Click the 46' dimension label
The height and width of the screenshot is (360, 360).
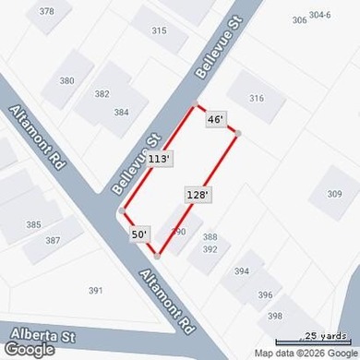[215, 119]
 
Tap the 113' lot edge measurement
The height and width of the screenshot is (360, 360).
[159, 159]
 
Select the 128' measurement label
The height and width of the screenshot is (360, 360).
[198, 195]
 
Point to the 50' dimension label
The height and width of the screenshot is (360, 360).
[139, 234]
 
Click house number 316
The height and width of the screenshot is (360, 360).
[257, 99]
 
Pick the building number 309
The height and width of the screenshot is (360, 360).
[334, 194]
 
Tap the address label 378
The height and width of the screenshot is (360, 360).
[47, 11]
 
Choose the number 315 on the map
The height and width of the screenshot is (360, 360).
[159, 30]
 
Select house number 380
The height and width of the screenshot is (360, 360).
[66, 80]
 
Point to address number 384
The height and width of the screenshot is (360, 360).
[121, 112]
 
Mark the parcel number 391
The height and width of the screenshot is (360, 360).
[95, 290]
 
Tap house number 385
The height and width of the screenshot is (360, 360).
[33, 224]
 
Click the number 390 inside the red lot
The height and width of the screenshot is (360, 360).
[179, 231]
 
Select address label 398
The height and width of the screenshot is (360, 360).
[275, 316]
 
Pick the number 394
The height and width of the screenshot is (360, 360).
[242, 270]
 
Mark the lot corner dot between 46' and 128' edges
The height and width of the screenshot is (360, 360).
[238, 134]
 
